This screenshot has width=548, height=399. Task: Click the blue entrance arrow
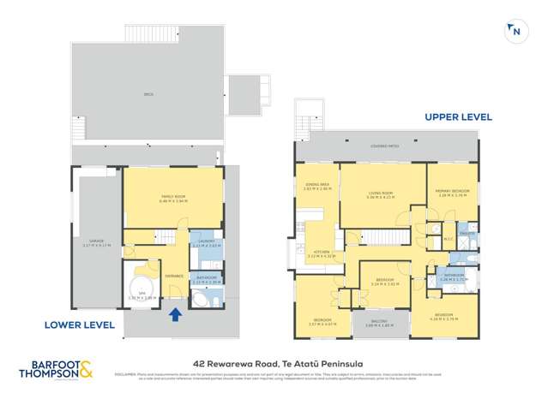(176, 314)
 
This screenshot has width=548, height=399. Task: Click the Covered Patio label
(384, 146)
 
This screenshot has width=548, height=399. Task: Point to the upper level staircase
(383, 237)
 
